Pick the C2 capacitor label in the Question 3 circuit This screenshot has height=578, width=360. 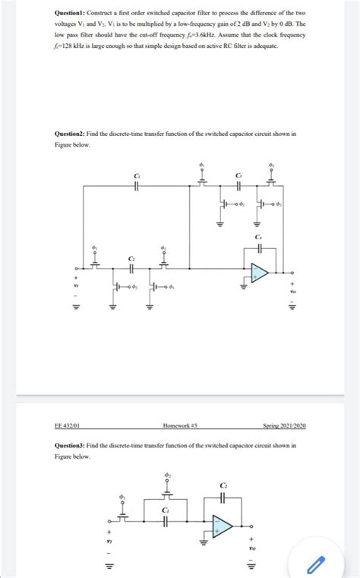[223, 486]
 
